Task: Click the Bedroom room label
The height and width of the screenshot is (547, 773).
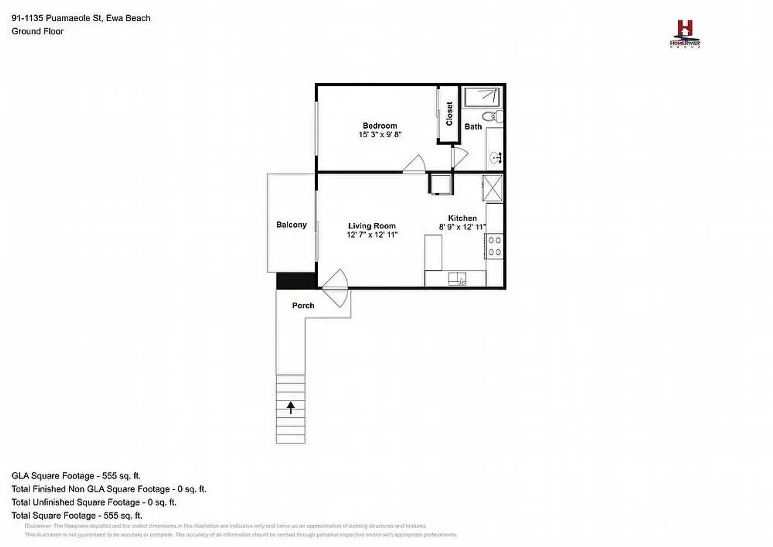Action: click(x=379, y=126)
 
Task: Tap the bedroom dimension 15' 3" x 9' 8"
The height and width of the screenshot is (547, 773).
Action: click(x=379, y=135)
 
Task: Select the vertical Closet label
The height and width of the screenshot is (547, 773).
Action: click(x=449, y=113)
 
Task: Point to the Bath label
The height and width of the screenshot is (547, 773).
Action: click(x=473, y=127)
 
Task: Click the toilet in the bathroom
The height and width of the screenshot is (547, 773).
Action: click(x=492, y=117)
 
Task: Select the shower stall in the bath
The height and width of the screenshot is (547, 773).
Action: click(x=482, y=97)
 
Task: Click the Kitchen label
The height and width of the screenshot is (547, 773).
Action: click(x=462, y=218)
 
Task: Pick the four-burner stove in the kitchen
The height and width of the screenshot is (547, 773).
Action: click(x=494, y=246)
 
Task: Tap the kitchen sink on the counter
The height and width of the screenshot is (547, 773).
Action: click(x=457, y=279)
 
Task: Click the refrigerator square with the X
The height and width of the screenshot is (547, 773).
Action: click(x=492, y=188)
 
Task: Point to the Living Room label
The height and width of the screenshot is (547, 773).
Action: click(x=371, y=226)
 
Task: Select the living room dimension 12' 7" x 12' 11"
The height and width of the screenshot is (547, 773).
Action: click(x=372, y=235)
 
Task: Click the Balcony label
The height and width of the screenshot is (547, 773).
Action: click(x=291, y=224)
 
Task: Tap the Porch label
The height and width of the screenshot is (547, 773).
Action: click(x=303, y=305)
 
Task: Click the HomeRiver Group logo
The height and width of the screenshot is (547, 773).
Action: click(x=684, y=34)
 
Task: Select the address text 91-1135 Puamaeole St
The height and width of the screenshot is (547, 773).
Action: click(x=58, y=18)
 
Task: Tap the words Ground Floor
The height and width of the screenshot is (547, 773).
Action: click(x=37, y=31)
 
